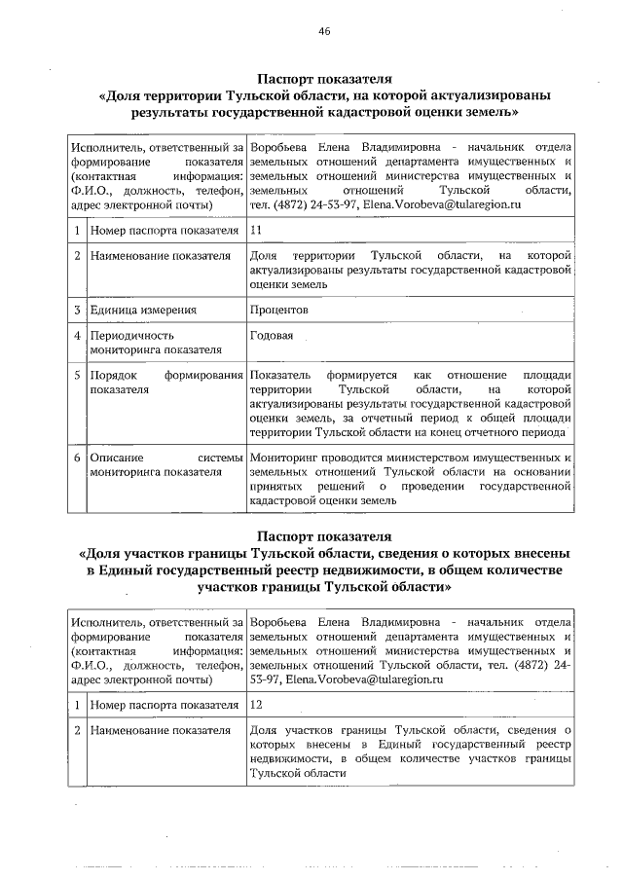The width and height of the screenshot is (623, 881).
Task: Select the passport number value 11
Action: (x=256, y=231)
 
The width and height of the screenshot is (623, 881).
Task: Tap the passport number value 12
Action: (x=256, y=704)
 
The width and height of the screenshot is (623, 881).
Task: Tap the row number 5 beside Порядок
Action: (x=76, y=376)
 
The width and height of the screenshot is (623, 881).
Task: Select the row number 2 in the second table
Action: (x=76, y=729)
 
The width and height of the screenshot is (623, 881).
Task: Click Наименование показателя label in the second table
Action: (x=160, y=729)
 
